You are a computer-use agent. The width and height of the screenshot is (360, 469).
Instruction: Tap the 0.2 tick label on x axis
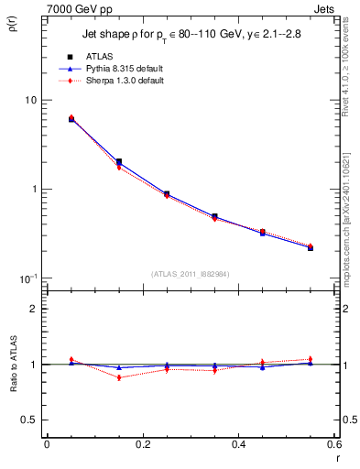(143, 444)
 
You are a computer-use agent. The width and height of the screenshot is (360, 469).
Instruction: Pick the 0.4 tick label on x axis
(239, 444)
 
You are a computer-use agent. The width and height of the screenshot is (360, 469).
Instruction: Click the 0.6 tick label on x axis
(334, 444)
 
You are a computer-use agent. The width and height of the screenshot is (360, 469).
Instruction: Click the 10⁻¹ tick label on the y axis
(29, 278)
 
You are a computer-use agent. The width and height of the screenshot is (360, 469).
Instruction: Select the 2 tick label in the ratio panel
(34, 310)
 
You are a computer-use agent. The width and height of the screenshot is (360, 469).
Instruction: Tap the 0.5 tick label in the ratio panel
(30, 420)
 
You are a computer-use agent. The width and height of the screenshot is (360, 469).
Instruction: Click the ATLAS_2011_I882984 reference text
(190, 273)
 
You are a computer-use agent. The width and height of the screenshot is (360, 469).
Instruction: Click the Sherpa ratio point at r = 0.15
(119, 377)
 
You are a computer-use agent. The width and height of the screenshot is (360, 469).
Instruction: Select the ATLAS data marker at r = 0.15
(119, 162)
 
